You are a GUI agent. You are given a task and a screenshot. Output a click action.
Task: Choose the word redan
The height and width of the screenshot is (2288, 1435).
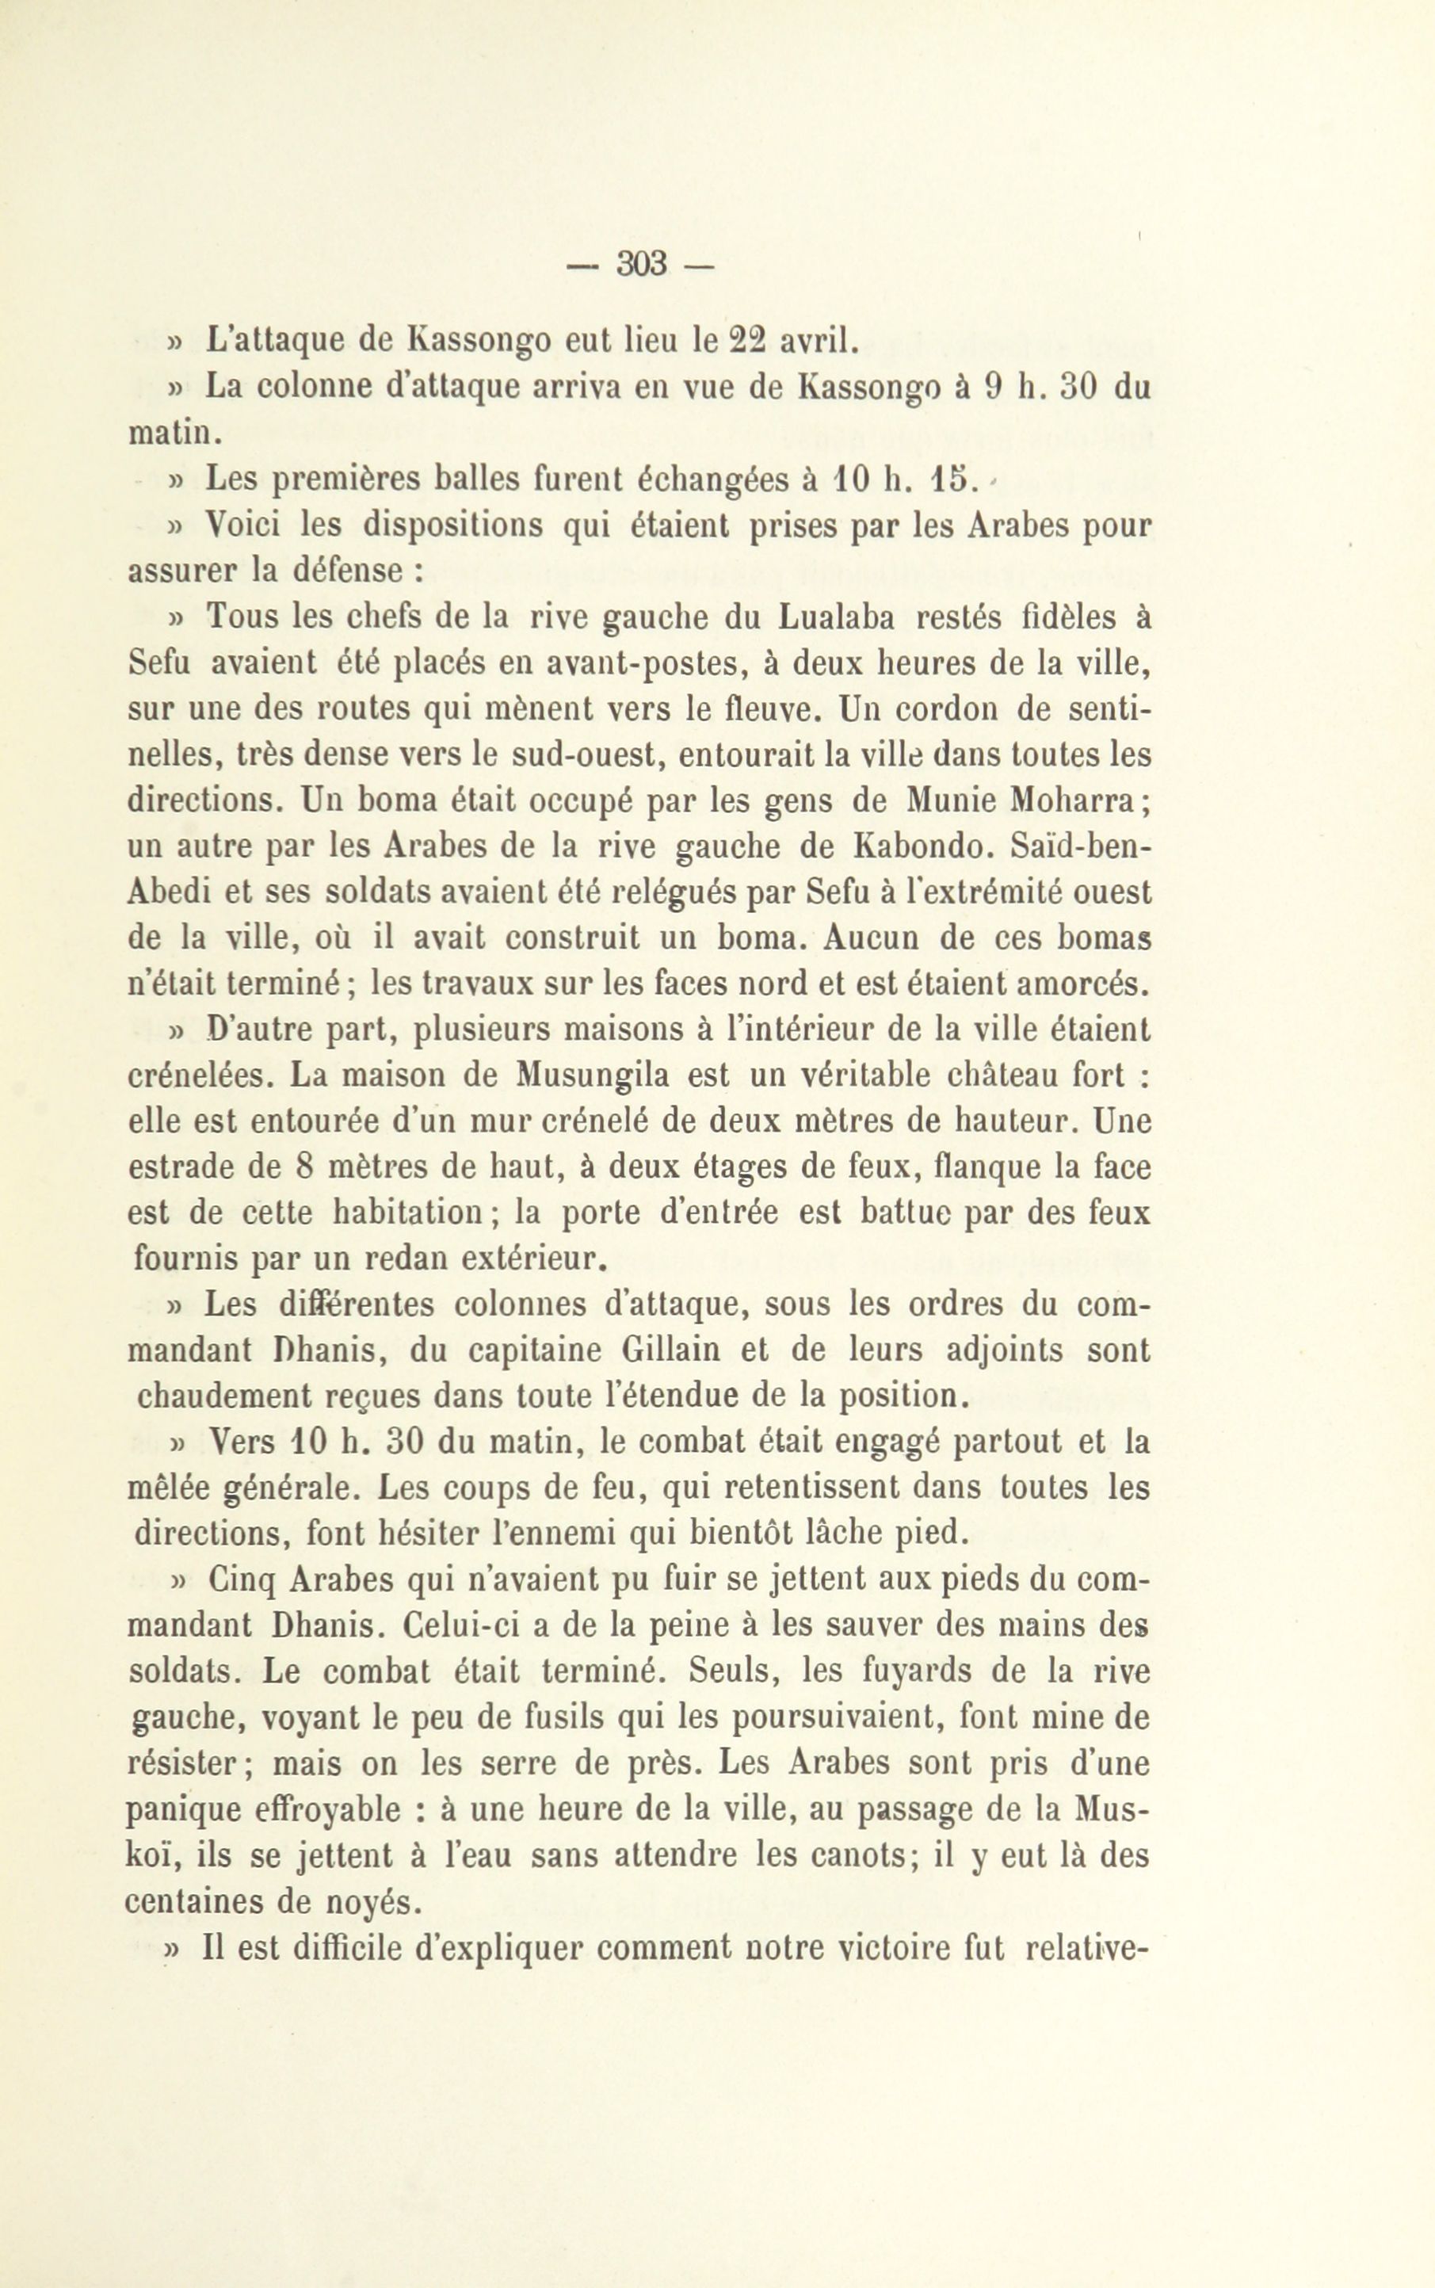click(399, 1259)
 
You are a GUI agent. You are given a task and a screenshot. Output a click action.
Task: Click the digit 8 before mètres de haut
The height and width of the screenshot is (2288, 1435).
click(303, 1167)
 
